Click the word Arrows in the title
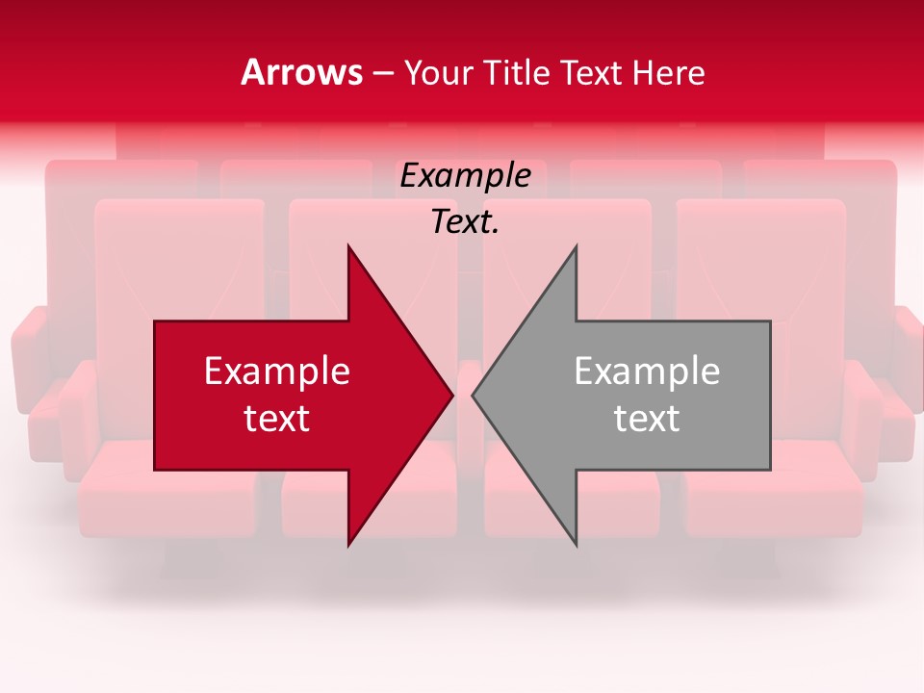pos(301,72)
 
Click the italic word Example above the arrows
pos(466,176)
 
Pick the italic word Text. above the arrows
pos(465,222)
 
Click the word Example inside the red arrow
pos(277,372)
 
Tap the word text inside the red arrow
pos(277,419)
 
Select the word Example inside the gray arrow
pos(647,372)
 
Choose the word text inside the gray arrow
pos(647,419)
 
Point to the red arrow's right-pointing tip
pos(451,395)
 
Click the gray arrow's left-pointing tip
pos(474,395)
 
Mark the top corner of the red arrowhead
pos(348,246)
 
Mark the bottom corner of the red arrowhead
pos(348,545)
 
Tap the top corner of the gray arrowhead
pos(576,246)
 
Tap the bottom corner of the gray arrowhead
pos(576,545)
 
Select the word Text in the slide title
pos(591,72)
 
